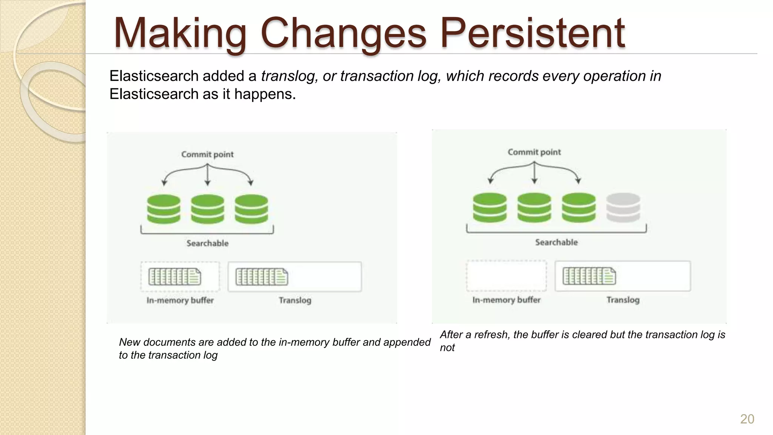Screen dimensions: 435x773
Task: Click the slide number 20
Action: [747, 419]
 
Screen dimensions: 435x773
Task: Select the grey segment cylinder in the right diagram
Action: [623, 208]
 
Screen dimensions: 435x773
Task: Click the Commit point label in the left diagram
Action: [207, 154]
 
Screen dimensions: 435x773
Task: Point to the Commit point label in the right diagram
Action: [534, 152]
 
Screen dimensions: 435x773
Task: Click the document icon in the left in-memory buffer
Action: [175, 277]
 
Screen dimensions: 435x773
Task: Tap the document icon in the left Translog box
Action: [262, 277]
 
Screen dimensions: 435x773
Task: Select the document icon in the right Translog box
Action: [589, 276]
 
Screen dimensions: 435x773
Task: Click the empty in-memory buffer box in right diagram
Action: [506, 276]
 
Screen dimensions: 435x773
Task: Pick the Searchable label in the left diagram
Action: [207, 243]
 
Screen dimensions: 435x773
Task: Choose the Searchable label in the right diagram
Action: [556, 242]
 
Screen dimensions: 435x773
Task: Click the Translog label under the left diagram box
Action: [295, 300]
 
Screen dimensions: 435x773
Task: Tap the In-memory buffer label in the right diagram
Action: [506, 300]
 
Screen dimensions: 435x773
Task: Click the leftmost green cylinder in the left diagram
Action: [163, 209]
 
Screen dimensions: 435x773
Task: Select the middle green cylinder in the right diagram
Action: [534, 208]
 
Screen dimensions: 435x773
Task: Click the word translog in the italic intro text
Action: [288, 76]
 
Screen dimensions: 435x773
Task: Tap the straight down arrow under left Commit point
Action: [207, 176]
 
